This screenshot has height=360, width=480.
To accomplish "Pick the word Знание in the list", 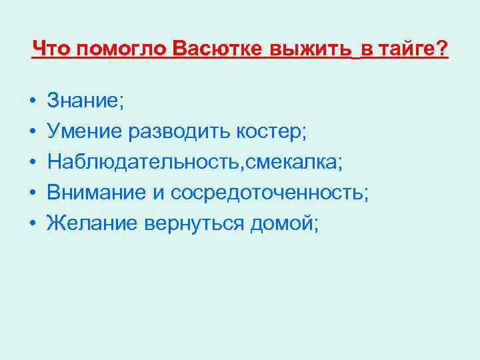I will click(83, 101).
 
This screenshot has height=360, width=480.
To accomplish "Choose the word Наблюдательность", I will click(131, 163).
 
